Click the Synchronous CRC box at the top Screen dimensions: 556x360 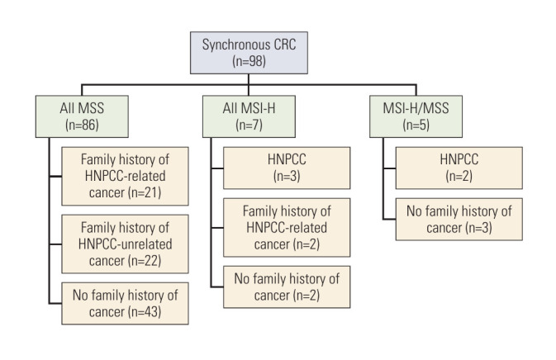(249, 53)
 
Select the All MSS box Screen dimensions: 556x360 (82, 116)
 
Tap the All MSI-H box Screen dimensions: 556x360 (249, 116)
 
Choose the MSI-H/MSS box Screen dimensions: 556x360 (416, 116)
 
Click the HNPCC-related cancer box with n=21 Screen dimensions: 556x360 (126, 176)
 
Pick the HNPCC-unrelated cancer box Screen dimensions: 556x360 (126, 244)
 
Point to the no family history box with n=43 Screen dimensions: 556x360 (126, 303)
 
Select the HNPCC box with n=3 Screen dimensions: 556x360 (287, 168)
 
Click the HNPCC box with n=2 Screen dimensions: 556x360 (459, 168)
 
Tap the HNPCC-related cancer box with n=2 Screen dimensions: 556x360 (287, 228)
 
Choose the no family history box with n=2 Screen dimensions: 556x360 (287, 287)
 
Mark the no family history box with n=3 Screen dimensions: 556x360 (459, 220)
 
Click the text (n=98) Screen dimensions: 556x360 (249, 61)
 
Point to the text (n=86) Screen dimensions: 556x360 (82, 125)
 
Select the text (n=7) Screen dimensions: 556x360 (249, 125)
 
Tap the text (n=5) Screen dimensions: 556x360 (416, 125)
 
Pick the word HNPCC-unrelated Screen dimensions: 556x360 (126, 244)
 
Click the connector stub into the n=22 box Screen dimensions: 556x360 (55, 244)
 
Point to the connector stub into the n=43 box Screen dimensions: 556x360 (55, 303)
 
